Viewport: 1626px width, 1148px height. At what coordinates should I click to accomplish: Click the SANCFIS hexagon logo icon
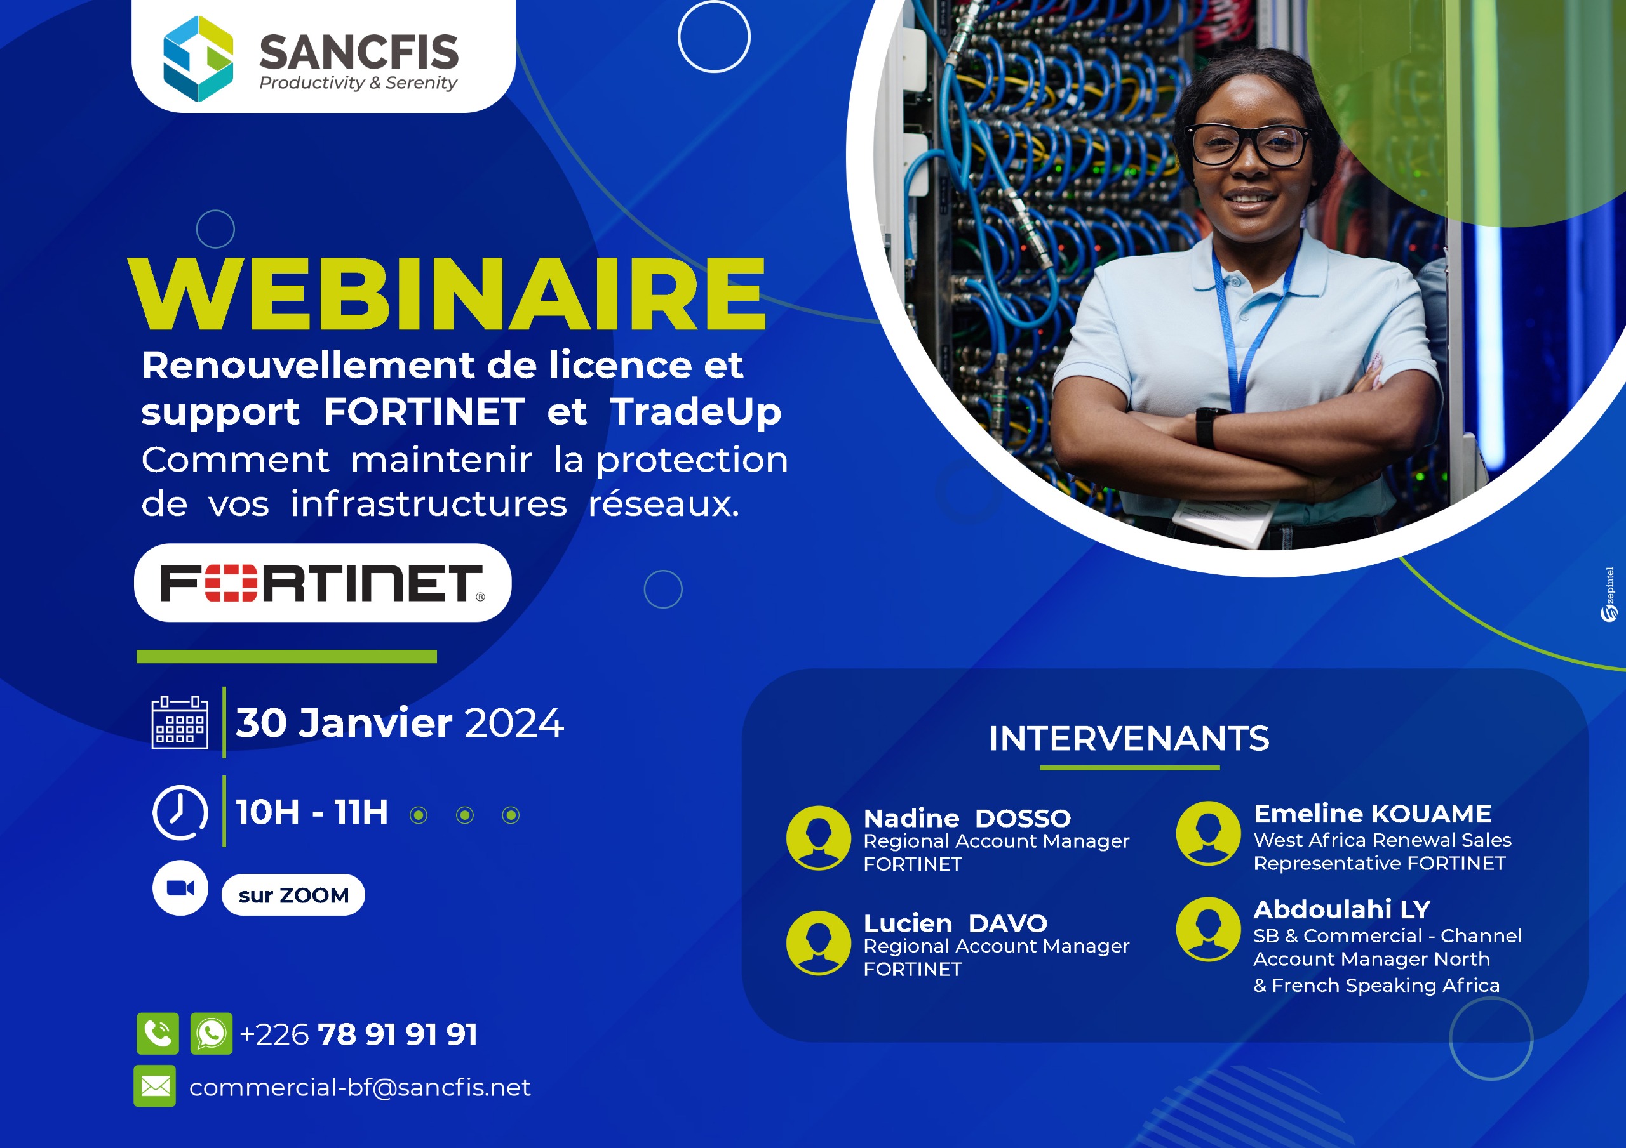tap(198, 59)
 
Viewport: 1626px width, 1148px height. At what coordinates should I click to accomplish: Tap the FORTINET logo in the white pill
tap(323, 583)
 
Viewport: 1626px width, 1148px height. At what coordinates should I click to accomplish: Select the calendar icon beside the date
tap(180, 722)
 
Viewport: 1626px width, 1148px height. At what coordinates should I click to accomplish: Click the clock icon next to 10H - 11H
tap(180, 812)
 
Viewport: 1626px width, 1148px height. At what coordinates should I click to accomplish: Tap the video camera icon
tap(180, 888)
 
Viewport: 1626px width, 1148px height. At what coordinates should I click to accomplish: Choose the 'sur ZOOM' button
tap(293, 895)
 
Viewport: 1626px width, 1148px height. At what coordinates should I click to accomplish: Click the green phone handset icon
tap(158, 1033)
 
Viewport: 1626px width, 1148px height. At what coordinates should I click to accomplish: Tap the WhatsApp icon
tap(211, 1033)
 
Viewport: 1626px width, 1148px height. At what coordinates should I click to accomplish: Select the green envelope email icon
tap(155, 1086)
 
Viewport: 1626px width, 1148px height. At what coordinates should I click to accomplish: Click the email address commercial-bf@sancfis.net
tap(359, 1087)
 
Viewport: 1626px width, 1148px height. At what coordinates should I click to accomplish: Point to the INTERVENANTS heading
tap(1129, 738)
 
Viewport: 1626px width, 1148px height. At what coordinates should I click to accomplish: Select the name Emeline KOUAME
tap(1373, 814)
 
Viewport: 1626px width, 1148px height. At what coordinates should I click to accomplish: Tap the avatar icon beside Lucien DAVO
tap(819, 943)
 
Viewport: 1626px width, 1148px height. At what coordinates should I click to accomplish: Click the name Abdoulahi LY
tap(1342, 909)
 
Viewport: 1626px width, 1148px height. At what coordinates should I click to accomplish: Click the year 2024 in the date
tap(514, 723)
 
